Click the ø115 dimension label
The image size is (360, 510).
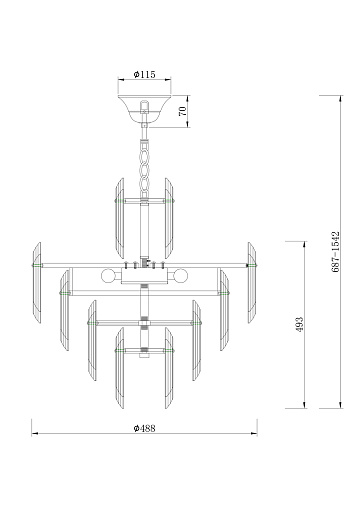click(145, 74)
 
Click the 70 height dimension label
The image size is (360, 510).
click(183, 111)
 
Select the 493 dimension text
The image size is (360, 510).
click(300, 324)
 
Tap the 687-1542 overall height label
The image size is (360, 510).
click(336, 252)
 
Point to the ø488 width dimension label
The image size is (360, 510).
click(145, 428)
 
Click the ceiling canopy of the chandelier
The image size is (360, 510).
click(144, 110)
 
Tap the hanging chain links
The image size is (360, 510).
click(145, 168)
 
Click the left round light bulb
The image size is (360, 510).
click(108, 276)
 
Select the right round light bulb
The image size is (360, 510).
click(180, 276)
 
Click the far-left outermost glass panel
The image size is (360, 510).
click(36, 283)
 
